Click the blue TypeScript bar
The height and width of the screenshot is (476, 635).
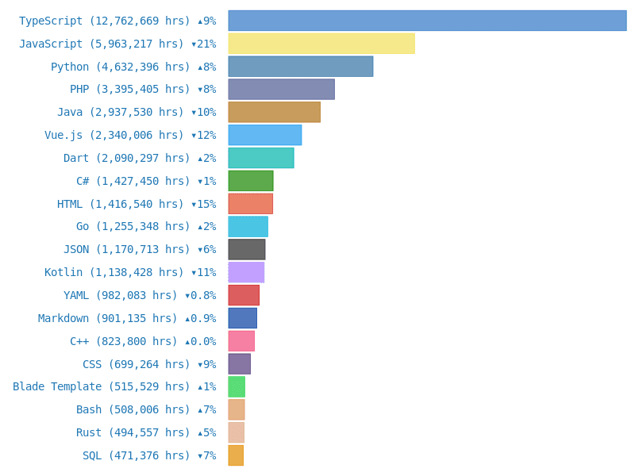[x=427, y=21]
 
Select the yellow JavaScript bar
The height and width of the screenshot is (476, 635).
[x=321, y=44]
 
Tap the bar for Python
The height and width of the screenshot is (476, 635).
[x=300, y=67]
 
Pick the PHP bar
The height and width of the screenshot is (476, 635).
[x=281, y=90]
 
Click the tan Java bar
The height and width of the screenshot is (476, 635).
[x=274, y=112]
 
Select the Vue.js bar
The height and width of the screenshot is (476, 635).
[x=264, y=135]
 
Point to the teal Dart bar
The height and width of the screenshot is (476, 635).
[x=260, y=158]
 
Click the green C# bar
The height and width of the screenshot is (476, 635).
[x=251, y=181]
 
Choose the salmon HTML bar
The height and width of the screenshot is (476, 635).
[x=250, y=204]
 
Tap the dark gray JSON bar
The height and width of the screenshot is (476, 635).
[x=246, y=250]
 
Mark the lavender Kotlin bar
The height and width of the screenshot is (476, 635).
[x=246, y=272]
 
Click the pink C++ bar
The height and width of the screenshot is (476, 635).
[x=241, y=341]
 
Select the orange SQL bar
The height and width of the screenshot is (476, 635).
[x=236, y=455]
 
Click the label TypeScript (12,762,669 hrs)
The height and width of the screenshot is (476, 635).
[x=105, y=21]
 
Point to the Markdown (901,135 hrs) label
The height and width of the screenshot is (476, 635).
[x=108, y=318]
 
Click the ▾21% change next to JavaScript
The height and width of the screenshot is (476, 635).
[x=203, y=44]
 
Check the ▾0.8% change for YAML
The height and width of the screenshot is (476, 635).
[x=200, y=296]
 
